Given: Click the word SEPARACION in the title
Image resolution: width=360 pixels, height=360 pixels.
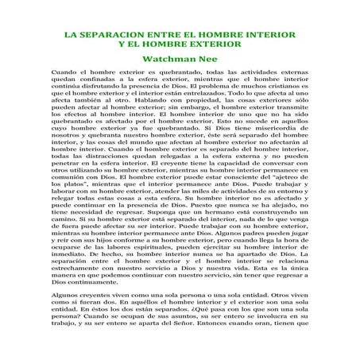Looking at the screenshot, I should [109, 37].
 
